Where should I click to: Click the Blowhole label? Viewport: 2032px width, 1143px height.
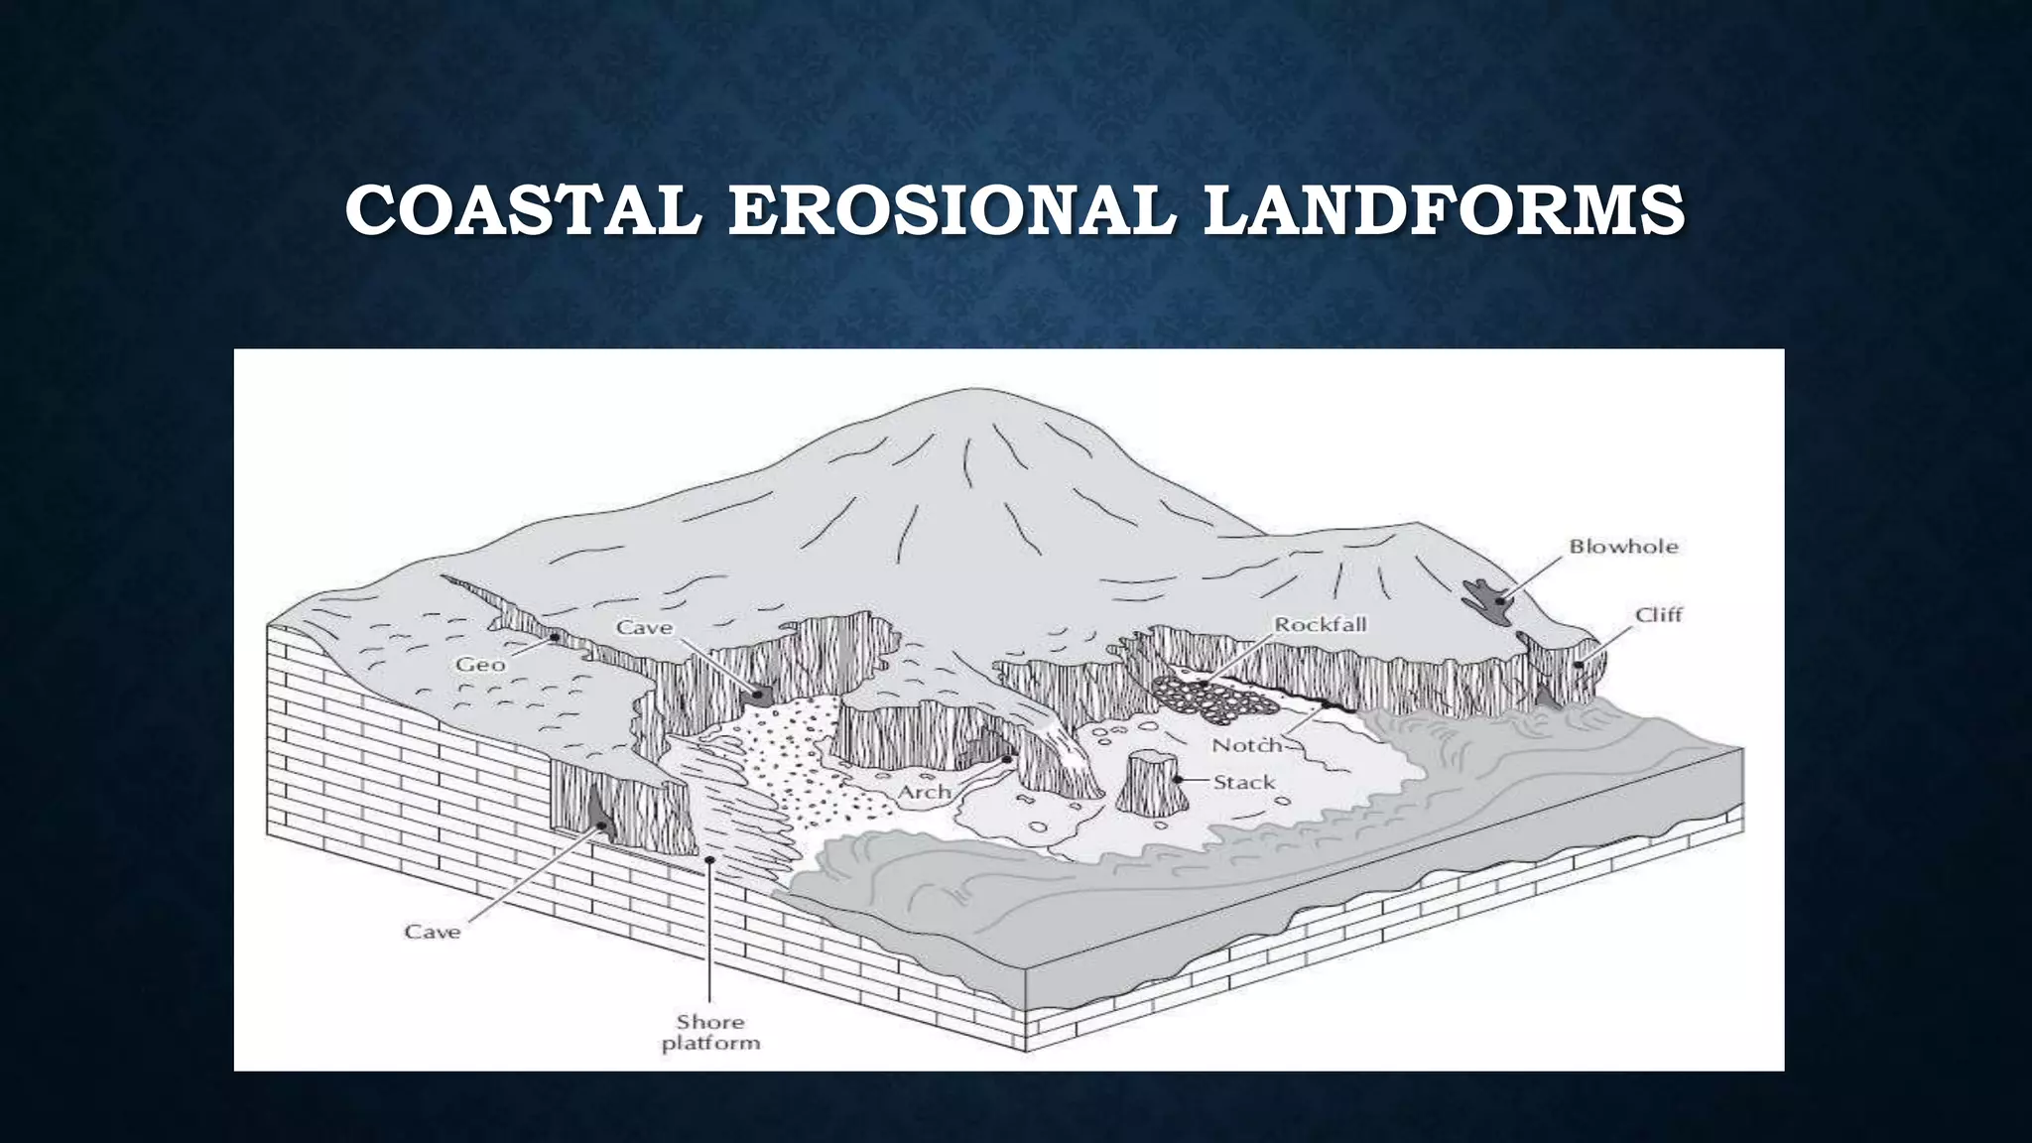pos(1623,547)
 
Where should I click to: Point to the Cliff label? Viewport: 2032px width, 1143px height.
pos(1659,615)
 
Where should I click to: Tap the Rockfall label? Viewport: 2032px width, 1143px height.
pos(1320,624)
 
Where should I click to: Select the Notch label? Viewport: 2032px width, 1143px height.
pos(1246,745)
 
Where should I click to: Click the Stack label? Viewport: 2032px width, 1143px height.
pos(1244,783)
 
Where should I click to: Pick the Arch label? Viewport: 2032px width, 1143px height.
pos(924,793)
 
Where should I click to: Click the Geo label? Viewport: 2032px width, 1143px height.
pos(480,665)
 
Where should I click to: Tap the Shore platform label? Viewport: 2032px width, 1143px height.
pos(710,1032)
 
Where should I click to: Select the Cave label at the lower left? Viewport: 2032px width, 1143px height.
pos(433,932)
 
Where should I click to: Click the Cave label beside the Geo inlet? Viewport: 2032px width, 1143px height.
pos(644,627)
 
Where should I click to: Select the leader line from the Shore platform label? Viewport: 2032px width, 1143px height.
pos(709,933)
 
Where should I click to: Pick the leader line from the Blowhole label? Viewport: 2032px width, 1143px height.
pos(1533,575)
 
